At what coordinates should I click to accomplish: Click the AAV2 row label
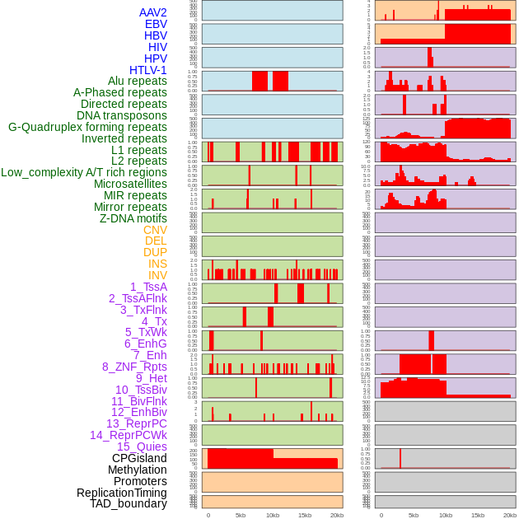(153, 12)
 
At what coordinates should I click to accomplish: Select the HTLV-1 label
(148, 70)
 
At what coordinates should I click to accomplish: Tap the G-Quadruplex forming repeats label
(87, 127)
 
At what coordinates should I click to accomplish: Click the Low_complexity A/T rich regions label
(84, 172)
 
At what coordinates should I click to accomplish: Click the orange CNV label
(155, 230)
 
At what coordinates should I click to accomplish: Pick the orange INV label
(157, 275)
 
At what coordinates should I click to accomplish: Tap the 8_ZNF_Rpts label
(134, 367)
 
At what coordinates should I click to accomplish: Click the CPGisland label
(139, 458)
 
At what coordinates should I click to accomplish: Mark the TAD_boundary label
(129, 503)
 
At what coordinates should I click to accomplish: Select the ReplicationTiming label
(122, 493)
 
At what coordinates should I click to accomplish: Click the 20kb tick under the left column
(336, 515)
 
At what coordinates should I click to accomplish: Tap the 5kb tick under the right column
(414, 515)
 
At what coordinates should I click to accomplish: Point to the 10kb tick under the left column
(273, 515)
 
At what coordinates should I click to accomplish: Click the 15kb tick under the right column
(478, 515)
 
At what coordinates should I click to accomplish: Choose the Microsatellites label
(130, 184)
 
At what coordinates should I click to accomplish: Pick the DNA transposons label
(122, 115)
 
